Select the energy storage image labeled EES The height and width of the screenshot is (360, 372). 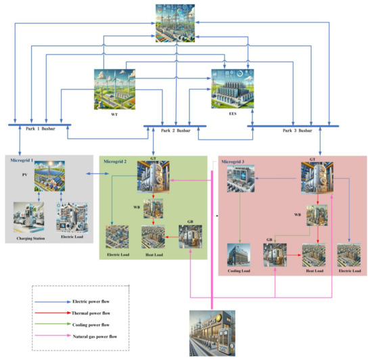[x=233, y=90]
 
